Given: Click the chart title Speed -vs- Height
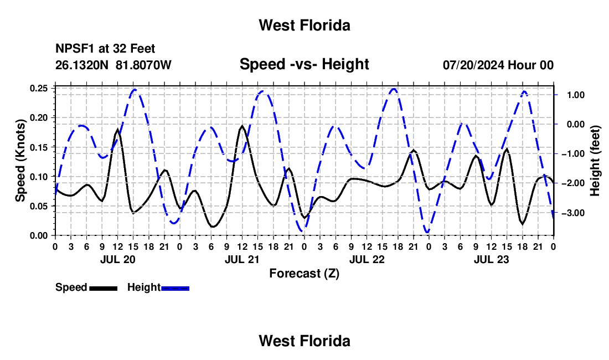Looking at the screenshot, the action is tap(304, 64).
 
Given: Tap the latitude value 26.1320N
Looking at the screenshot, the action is tap(82, 65).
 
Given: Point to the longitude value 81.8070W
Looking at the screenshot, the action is tap(143, 65).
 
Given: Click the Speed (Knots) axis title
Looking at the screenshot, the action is tap(20, 161).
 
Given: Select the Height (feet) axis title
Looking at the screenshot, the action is tap(595, 161).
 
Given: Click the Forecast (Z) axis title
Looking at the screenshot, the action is tap(304, 274).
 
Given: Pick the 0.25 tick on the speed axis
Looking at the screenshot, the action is tap(39, 88).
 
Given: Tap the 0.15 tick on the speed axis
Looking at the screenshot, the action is tap(39, 147).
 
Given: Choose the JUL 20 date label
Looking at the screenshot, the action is tap(118, 259).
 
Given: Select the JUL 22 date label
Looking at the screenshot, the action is tap(367, 259).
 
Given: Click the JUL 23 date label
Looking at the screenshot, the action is tap(491, 259).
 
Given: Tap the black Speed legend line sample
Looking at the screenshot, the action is tap(104, 288).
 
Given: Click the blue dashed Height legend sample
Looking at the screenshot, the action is tap(175, 288).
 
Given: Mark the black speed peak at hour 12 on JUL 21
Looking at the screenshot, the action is tap(242, 126).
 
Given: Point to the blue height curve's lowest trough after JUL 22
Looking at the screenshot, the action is tap(427, 232).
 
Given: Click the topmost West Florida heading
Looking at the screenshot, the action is tap(304, 25).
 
